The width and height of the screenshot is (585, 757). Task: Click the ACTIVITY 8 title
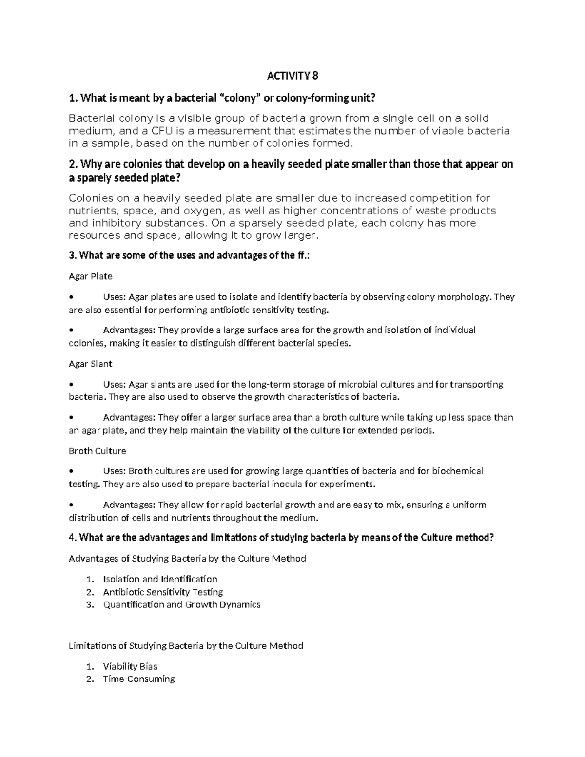pyautogui.click(x=292, y=76)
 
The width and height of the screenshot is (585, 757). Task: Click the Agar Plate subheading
pyautogui.click(x=91, y=276)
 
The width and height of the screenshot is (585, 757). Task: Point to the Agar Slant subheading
pyautogui.click(x=91, y=364)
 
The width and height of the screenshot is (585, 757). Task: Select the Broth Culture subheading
pyautogui.click(x=97, y=451)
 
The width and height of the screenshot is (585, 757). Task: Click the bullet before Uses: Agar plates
pyautogui.click(x=72, y=297)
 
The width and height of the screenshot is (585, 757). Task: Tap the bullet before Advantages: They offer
pyautogui.click(x=72, y=418)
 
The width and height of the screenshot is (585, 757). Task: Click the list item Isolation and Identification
pyautogui.click(x=160, y=579)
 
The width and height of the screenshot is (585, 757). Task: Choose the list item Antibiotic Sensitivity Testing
pyautogui.click(x=163, y=592)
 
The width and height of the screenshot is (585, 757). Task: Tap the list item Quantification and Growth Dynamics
pyautogui.click(x=182, y=604)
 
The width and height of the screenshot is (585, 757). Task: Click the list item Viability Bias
pyautogui.click(x=130, y=666)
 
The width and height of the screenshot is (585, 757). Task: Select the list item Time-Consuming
pyautogui.click(x=139, y=679)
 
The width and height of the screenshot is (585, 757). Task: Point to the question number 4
pyautogui.click(x=72, y=538)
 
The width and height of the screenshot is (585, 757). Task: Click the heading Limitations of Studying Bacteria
pyautogui.click(x=186, y=646)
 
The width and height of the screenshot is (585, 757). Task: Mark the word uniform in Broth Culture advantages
pyautogui.click(x=469, y=505)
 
